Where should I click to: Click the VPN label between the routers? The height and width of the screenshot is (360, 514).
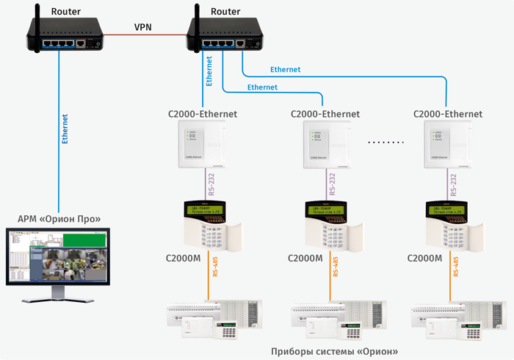143,26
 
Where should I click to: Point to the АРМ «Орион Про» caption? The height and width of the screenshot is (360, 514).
59,219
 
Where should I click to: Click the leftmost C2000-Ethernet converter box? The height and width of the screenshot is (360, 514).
202,143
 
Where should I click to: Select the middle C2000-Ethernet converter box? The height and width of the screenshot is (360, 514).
325,143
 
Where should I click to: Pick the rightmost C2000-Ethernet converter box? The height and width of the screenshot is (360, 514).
447,143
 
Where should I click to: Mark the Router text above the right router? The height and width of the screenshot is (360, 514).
225,12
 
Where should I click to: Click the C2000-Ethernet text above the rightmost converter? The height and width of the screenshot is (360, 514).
447,114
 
